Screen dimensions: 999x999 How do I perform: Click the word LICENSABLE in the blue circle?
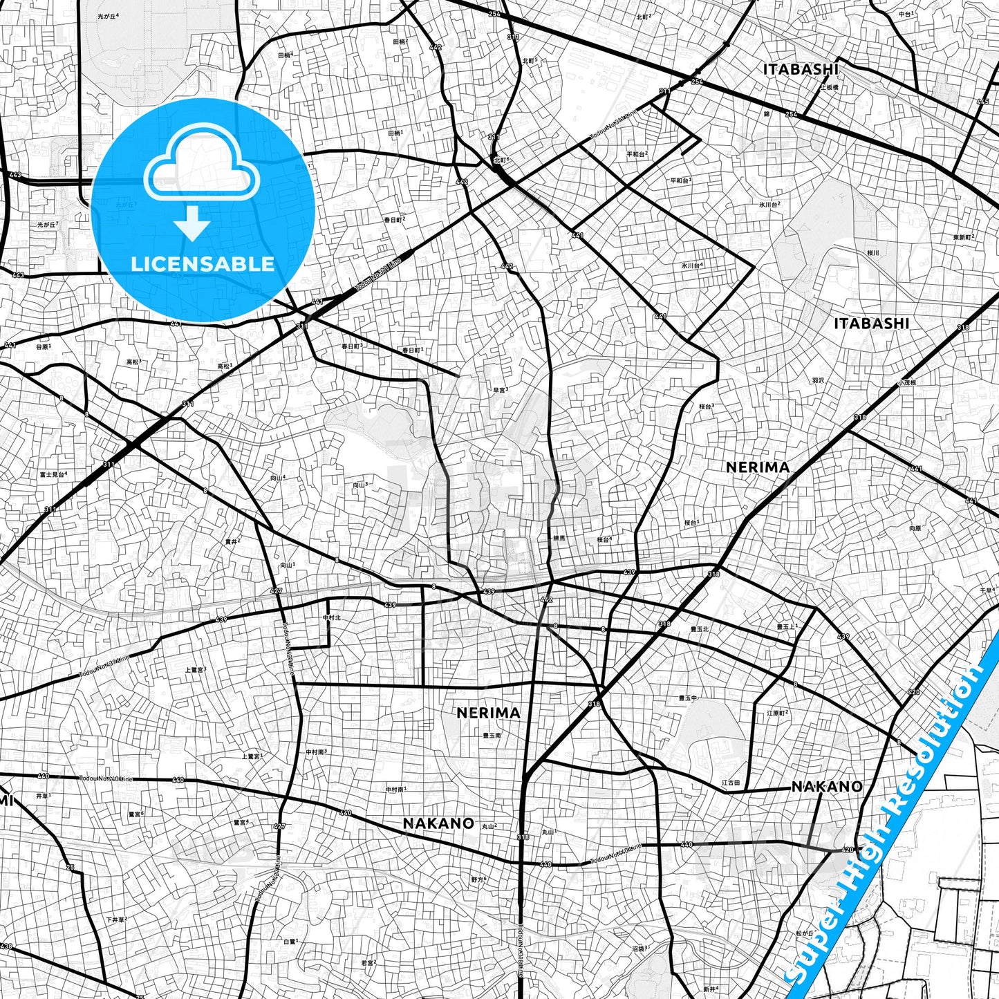[x=203, y=263]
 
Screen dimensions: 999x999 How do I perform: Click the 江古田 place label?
[x=731, y=783]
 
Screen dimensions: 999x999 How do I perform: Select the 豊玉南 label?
[x=492, y=736]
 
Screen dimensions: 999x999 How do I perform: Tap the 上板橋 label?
[x=829, y=88]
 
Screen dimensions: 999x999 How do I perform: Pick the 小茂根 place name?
[x=906, y=382]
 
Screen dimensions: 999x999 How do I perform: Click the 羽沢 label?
[x=818, y=380]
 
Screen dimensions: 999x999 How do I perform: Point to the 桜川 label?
[x=872, y=253]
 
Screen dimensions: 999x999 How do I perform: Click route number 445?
[x=982, y=102]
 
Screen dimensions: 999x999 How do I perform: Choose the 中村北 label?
[x=331, y=617]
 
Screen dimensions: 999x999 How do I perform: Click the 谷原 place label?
[x=44, y=346]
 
